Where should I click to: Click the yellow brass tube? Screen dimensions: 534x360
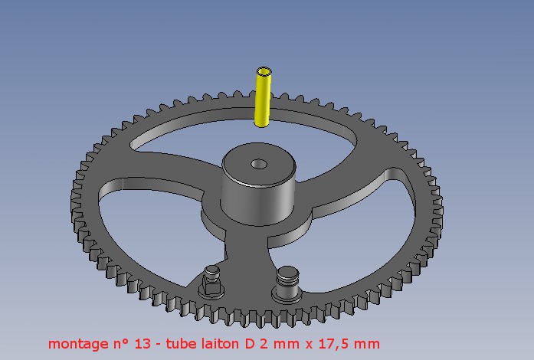[x=263, y=97]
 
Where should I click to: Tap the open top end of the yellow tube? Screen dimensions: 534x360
[x=264, y=72]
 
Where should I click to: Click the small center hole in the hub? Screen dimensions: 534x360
[x=259, y=164]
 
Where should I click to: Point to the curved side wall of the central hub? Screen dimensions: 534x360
[x=257, y=205]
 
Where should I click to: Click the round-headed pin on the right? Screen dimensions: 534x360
[x=287, y=283]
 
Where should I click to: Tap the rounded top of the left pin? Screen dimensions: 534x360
[x=212, y=270]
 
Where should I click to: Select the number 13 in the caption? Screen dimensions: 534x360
[x=143, y=344]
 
